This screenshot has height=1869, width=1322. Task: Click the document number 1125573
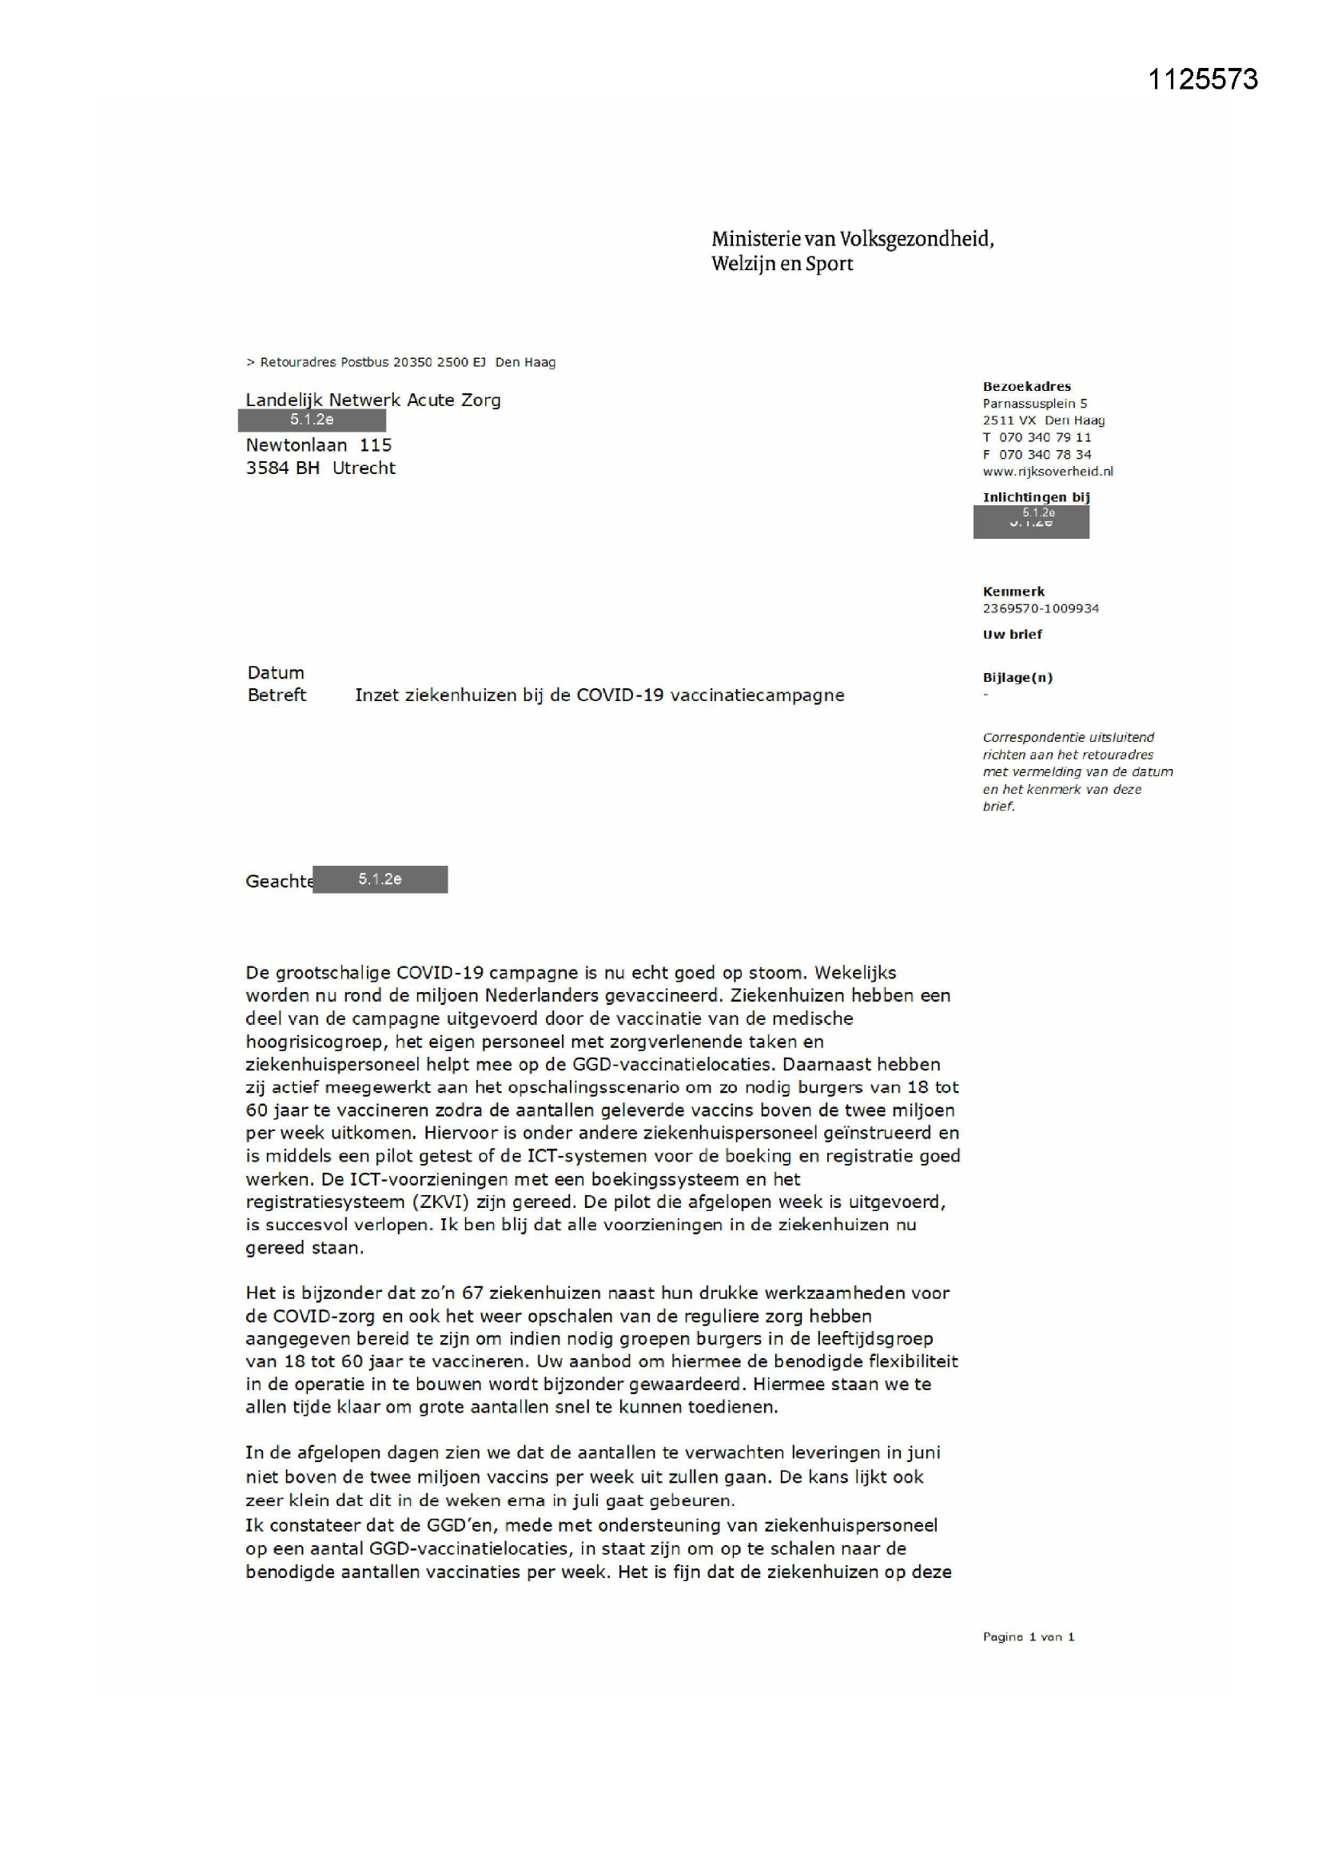(x=1202, y=79)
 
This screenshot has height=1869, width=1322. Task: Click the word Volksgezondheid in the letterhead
(x=917, y=239)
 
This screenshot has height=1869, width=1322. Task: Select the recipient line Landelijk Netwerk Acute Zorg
(x=372, y=400)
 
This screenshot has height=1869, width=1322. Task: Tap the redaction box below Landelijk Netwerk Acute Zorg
(x=312, y=420)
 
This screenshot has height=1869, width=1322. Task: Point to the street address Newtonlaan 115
(x=318, y=445)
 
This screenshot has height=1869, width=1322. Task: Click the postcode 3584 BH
(x=282, y=468)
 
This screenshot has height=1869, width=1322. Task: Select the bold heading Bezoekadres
(x=1026, y=387)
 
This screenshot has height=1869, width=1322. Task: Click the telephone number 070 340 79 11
(x=1045, y=437)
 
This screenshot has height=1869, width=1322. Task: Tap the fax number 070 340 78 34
(x=1045, y=454)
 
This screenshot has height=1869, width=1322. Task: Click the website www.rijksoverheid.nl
(x=1048, y=472)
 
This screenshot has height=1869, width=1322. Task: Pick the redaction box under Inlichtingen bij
(x=1030, y=522)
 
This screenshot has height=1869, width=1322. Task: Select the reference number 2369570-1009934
(x=1041, y=608)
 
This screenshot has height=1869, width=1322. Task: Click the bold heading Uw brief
(x=1012, y=634)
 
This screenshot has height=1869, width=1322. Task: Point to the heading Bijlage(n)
(x=1017, y=677)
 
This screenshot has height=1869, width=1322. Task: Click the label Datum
(x=276, y=672)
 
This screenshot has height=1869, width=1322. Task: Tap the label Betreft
(x=277, y=695)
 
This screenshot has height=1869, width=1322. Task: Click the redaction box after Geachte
(x=380, y=879)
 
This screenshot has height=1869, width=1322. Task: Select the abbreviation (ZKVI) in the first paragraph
(x=444, y=1201)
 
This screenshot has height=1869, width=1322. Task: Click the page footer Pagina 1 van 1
(x=1028, y=1637)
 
